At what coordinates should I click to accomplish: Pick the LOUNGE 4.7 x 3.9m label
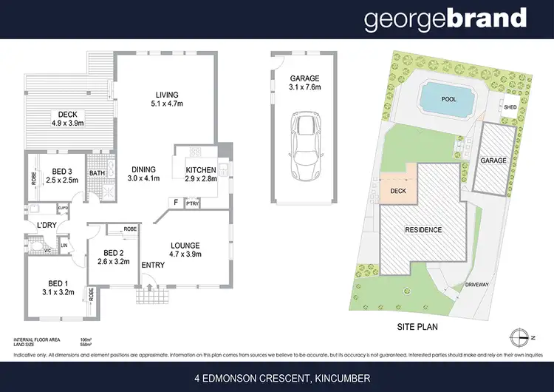[x=185, y=251]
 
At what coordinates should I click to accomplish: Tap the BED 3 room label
[x=59, y=175]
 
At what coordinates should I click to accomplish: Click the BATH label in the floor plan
[x=98, y=174]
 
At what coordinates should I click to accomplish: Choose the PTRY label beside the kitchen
[x=192, y=202]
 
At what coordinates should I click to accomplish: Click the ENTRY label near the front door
[x=153, y=265]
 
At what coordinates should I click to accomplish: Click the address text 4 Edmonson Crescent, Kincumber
[x=276, y=379]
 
